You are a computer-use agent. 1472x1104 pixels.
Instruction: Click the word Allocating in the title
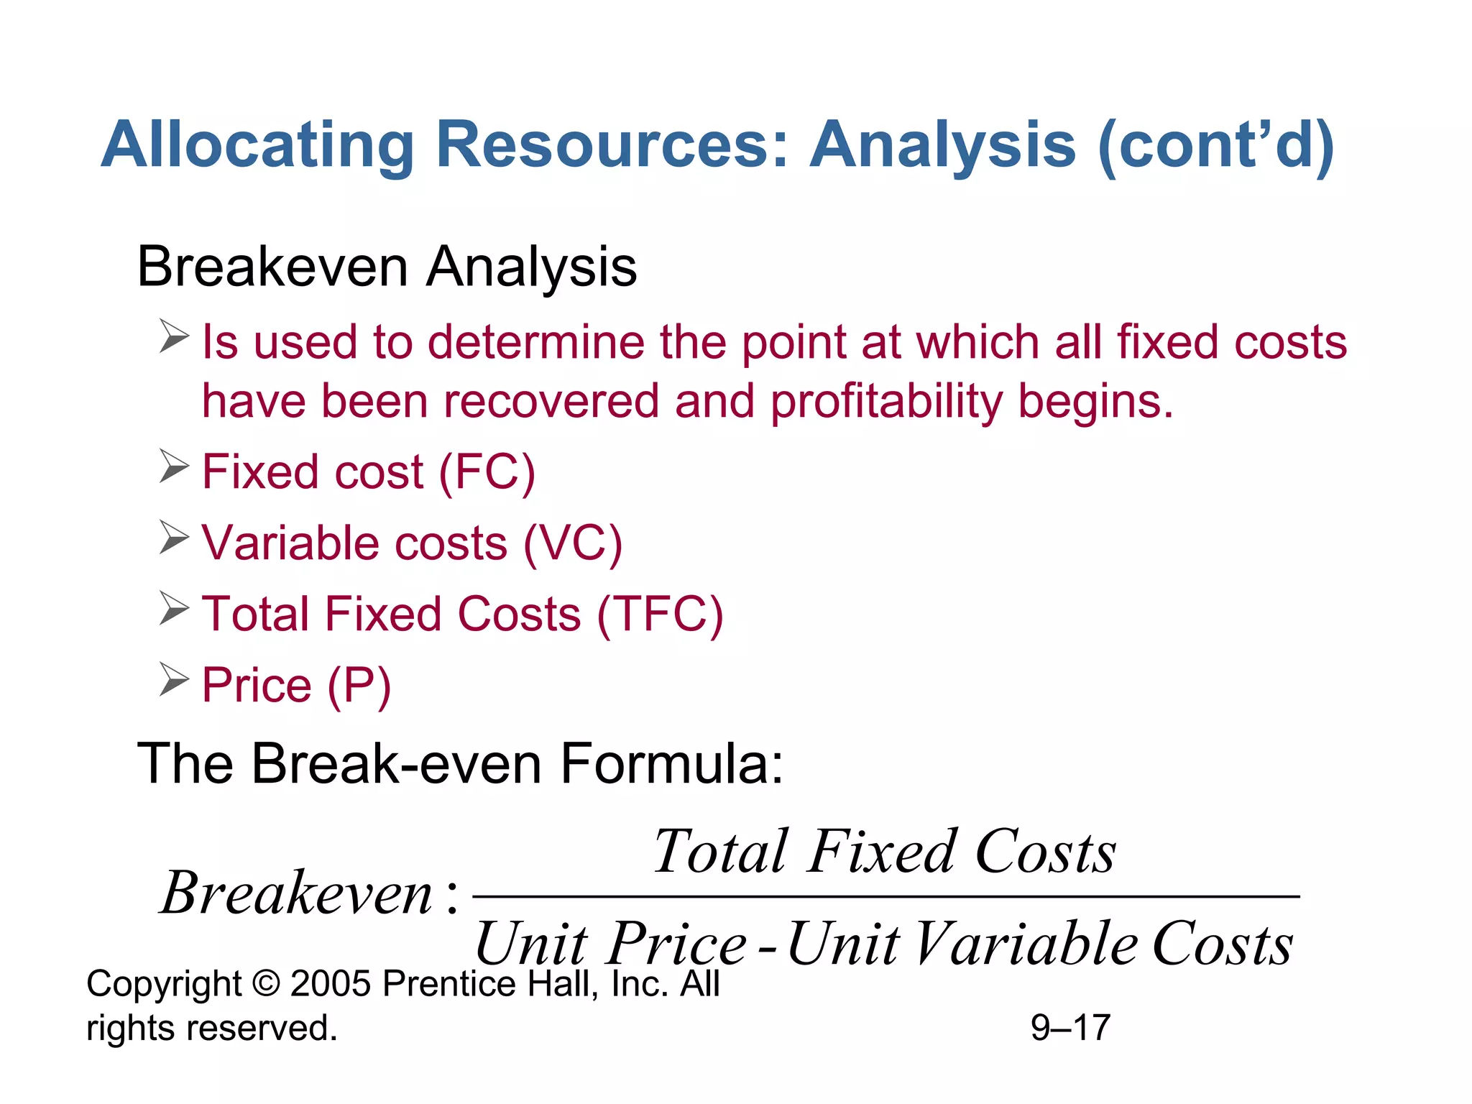[x=257, y=146]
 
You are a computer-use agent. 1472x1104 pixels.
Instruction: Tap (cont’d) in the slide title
[x=1215, y=146]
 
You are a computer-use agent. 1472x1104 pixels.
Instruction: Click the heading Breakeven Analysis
[x=387, y=267]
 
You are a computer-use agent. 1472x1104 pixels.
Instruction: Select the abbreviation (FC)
[x=487, y=472]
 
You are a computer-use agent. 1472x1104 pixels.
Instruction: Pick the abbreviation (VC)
[x=572, y=543]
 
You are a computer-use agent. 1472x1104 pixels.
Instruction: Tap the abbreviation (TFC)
[x=660, y=615]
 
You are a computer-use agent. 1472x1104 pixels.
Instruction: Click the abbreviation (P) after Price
[x=359, y=685]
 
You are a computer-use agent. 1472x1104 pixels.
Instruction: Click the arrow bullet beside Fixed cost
[x=174, y=466]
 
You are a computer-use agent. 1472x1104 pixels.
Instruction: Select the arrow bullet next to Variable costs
[x=174, y=538]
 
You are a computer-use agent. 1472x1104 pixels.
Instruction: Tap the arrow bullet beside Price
[x=174, y=680]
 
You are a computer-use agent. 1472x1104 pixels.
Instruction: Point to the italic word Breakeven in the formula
[x=297, y=893]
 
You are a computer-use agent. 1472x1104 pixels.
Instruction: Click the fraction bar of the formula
[x=885, y=896]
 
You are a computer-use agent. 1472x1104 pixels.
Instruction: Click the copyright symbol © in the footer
[x=266, y=984]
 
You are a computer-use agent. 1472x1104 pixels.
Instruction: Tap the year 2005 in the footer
[x=331, y=984]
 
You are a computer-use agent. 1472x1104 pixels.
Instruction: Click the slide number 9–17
[x=1070, y=1028]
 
